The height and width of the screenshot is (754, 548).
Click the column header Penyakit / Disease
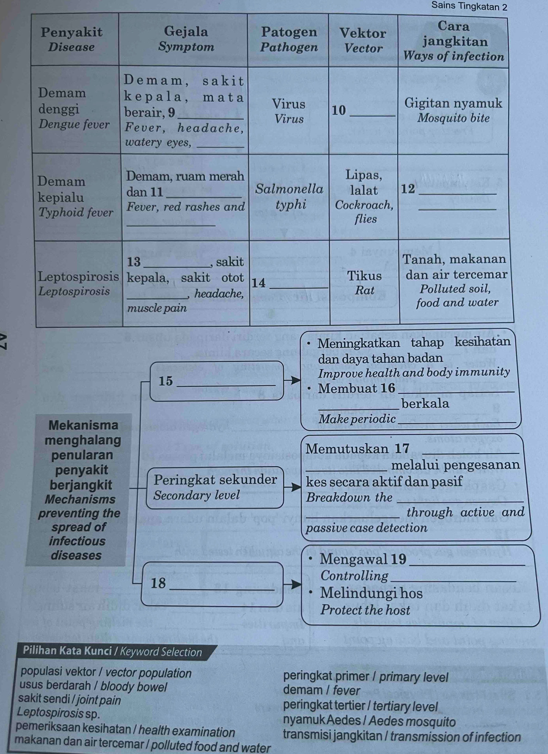click(71, 39)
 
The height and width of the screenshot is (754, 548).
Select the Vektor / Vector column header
click(363, 40)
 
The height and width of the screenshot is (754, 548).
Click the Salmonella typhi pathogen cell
click(290, 197)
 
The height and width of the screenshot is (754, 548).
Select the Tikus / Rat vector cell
click(365, 283)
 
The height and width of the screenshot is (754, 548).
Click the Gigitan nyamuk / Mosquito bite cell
click(453, 110)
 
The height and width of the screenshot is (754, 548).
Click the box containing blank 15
click(217, 381)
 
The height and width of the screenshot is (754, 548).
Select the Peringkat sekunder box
click(215, 487)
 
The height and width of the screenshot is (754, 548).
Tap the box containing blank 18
click(212, 583)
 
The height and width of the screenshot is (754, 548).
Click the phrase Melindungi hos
click(371, 593)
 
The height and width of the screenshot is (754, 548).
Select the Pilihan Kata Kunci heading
click(112, 652)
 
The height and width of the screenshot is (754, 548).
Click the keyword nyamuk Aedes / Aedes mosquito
click(369, 721)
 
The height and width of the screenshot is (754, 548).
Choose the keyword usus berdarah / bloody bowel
click(93, 686)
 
